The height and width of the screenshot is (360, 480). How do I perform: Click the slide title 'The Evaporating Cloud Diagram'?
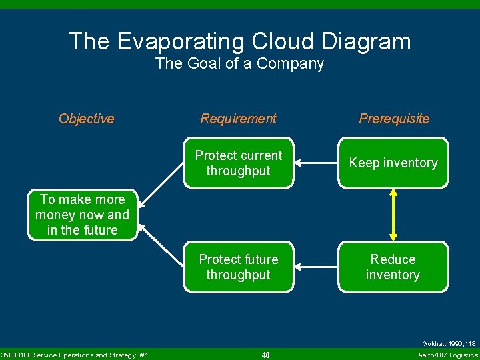(240, 41)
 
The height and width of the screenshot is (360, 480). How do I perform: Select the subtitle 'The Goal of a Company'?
(240, 64)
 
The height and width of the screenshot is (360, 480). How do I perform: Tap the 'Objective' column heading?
(87, 119)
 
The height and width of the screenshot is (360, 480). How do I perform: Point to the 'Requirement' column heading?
(239, 119)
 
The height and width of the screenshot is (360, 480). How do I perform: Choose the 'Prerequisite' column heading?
(394, 119)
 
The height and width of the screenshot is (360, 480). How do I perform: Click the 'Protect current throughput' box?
(239, 163)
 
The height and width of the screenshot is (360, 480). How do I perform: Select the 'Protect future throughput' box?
(239, 267)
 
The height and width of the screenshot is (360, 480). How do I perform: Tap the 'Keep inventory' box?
(393, 163)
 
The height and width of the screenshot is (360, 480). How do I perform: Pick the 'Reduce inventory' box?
(393, 267)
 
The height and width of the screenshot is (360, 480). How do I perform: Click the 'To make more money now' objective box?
(83, 215)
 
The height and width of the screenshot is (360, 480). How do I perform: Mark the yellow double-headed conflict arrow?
(393, 214)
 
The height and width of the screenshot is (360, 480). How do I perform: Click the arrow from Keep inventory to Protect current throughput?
(316, 162)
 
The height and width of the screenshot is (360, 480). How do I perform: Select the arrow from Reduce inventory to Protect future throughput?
(316, 267)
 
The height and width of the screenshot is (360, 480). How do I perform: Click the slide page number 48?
(265, 355)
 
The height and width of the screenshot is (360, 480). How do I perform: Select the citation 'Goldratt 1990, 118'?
(449, 344)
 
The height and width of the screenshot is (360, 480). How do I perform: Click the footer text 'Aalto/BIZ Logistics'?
(447, 355)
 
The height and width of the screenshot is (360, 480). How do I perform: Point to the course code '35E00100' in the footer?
(16, 355)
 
